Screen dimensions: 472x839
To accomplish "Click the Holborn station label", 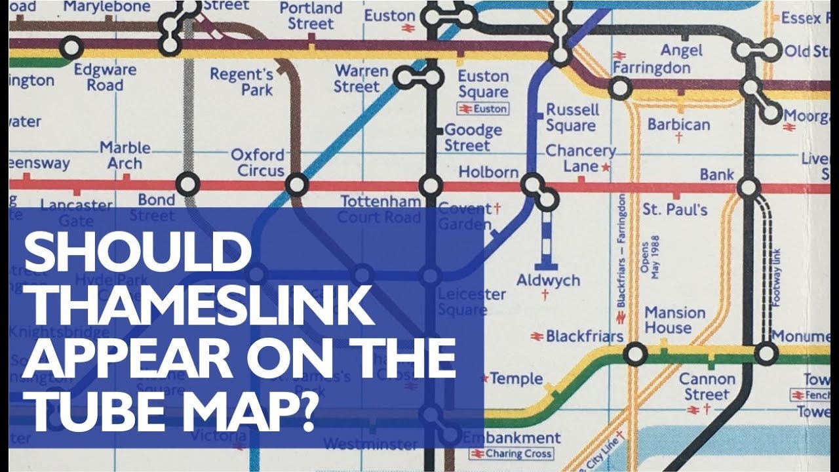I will pos(488,172).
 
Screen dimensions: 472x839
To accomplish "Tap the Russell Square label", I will pos(572,117).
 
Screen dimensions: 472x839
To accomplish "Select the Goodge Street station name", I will pos(473,138).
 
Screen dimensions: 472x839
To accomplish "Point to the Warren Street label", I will pos(357,78).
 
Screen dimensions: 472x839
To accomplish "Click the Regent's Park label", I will pos(242,82).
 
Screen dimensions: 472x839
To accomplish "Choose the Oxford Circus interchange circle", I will pos(297,185).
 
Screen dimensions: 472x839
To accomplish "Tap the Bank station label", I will pos(717,174).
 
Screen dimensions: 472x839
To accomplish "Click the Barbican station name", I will pos(678,125).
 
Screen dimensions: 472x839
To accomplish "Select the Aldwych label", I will pos(548,281).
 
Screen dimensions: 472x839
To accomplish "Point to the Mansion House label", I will pos(675,320).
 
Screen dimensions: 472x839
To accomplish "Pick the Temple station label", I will pos(517,379).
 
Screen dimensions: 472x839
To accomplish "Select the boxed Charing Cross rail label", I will pos(511,454).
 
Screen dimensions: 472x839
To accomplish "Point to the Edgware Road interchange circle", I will pos(71,48).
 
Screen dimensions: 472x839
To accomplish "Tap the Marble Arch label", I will pos(125,155).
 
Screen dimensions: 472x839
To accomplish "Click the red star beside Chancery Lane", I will pos(606,168).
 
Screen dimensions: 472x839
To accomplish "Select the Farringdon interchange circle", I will pos(620,87).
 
